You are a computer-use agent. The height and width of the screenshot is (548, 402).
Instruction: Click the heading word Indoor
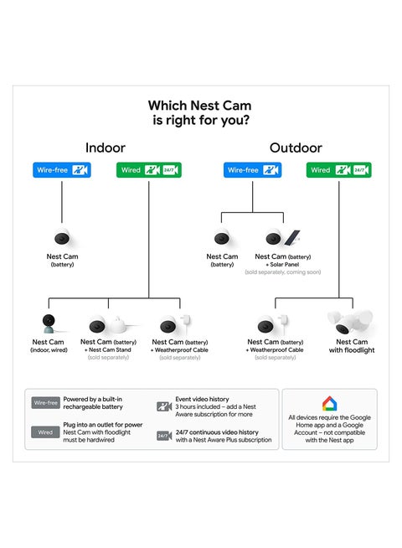(x=106, y=147)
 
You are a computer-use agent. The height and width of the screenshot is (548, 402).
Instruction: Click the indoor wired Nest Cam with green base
(x=49, y=323)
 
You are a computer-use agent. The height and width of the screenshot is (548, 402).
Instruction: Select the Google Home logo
(x=329, y=404)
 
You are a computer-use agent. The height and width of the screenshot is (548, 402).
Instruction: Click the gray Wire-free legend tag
(x=46, y=403)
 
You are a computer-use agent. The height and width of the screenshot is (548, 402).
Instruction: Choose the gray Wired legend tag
(x=46, y=432)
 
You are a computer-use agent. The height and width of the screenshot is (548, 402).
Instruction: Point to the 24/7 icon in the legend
(x=164, y=436)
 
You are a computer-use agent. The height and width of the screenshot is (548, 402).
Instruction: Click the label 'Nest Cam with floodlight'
(x=353, y=346)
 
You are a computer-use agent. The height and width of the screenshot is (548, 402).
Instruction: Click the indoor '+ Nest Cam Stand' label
(x=109, y=349)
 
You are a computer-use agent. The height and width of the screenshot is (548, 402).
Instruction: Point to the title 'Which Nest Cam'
(x=200, y=106)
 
